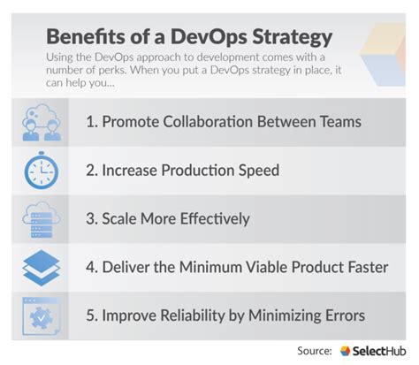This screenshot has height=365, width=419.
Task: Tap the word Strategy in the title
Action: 289,38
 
